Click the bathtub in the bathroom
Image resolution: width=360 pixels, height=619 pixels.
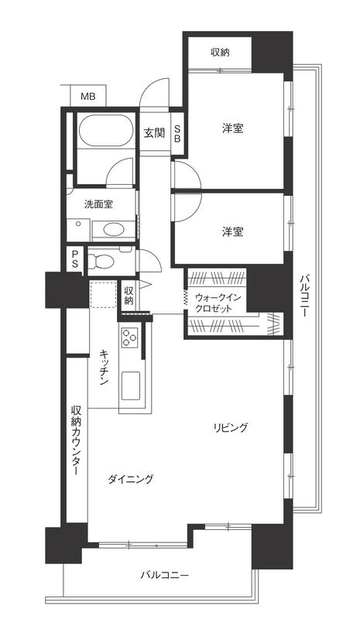[x=105, y=131]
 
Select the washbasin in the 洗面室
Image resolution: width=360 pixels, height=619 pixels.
[x=114, y=230]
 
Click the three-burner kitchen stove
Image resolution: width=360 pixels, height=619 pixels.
[x=129, y=337]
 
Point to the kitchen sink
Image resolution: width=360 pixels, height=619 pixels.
[x=131, y=385]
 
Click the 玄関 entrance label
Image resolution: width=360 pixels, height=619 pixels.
[x=154, y=133]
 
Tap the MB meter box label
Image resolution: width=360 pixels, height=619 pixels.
[x=87, y=96]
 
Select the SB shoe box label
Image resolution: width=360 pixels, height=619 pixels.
[x=177, y=134]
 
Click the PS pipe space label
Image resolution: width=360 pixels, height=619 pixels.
[x=74, y=259]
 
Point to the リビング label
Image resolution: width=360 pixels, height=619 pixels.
[x=231, y=427]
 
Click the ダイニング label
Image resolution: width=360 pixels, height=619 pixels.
[x=130, y=479]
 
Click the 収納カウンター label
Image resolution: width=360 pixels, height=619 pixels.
[x=76, y=440]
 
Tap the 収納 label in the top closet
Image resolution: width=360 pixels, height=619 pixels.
[x=220, y=52]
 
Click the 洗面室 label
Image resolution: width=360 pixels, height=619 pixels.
[x=98, y=204]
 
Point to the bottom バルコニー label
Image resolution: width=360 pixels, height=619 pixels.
[x=164, y=575]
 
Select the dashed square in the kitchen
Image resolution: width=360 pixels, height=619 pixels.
[x=104, y=295]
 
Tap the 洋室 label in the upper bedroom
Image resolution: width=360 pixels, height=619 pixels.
[x=232, y=128]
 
